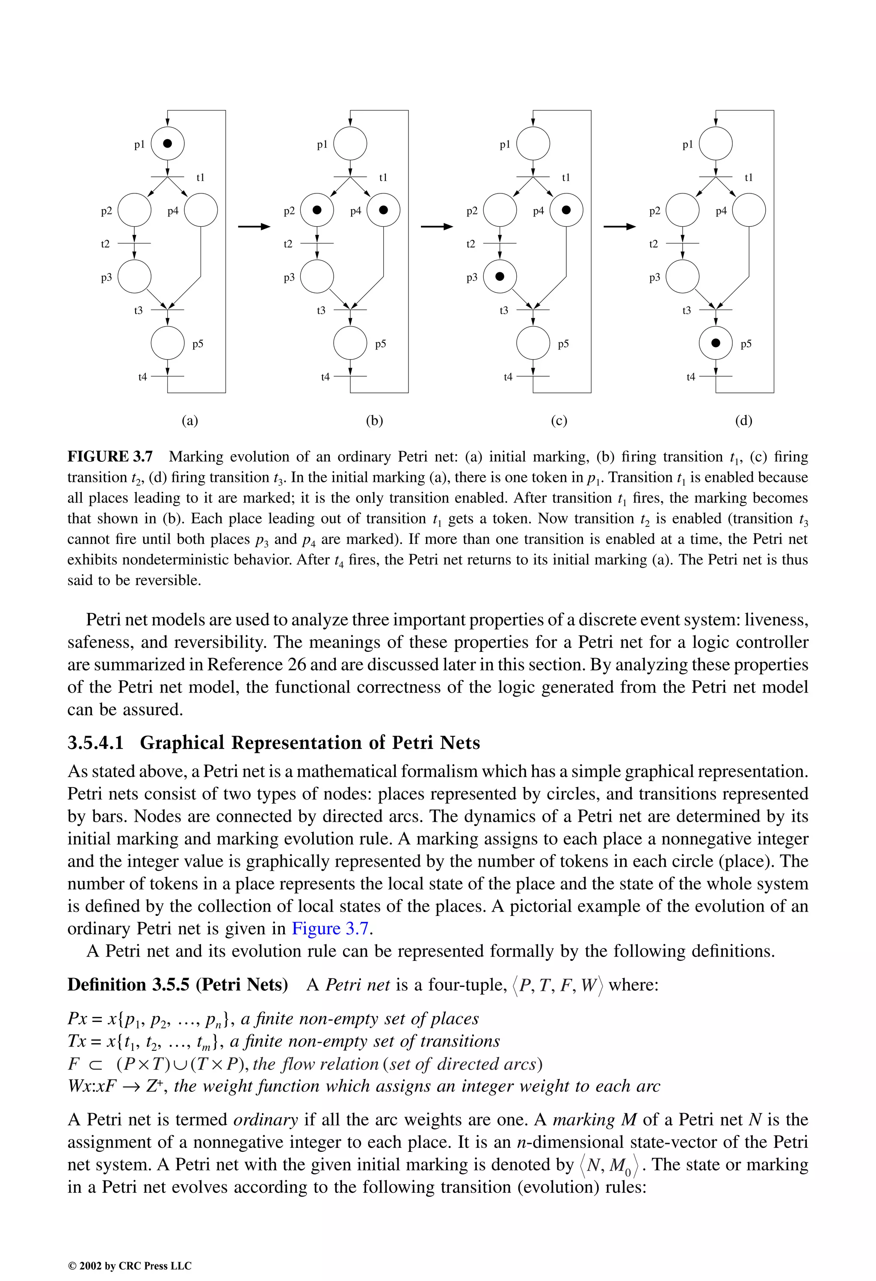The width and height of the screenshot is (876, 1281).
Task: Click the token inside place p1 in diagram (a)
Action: pyautogui.click(x=168, y=143)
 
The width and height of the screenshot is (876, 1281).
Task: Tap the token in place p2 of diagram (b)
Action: pyautogui.click(x=317, y=209)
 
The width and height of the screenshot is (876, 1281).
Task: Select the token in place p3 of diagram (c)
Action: pyautogui.click(x=500, y=276)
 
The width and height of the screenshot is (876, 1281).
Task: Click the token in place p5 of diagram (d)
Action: pyautogui.click(x=716, y=343)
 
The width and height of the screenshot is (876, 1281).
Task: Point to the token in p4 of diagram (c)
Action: pyautogui.click(x=566, y=209)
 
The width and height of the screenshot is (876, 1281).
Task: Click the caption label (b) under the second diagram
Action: pyautogui.click(x=374, y=421)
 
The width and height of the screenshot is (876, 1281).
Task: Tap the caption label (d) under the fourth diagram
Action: pyautogui.click(x=743, y=421)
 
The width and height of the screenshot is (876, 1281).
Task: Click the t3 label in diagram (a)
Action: pyautogui.click(x=138, y=310)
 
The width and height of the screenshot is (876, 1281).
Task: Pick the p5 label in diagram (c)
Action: pyautogui.click(x=563, y=344)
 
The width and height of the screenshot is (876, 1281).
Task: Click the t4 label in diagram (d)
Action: pyautogui.click(x=690, y=377)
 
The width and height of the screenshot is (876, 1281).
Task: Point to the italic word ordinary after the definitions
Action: pyautogui.click(x=266, y=1120)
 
